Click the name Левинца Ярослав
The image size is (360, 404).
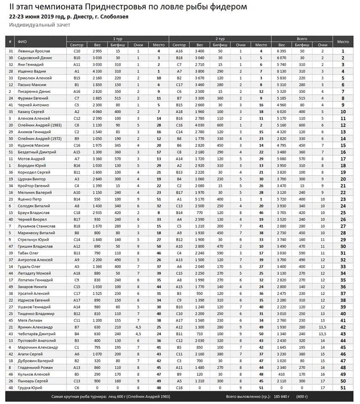[31, 51]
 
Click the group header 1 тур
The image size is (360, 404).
[117, 38]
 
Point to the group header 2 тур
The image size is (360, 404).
[220, 38]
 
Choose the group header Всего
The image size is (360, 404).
[302, 38]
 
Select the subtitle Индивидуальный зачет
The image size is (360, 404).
[40, 25]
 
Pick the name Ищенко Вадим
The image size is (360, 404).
[29, 71]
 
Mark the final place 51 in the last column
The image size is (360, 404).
[343, 388]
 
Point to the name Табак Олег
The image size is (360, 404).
[28, 253]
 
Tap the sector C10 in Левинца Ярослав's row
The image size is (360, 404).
[77, 51]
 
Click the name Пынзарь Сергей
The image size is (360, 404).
[31, 381]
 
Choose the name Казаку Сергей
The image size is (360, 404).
[29, 112]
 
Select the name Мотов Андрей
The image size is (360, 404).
[29, 159]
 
